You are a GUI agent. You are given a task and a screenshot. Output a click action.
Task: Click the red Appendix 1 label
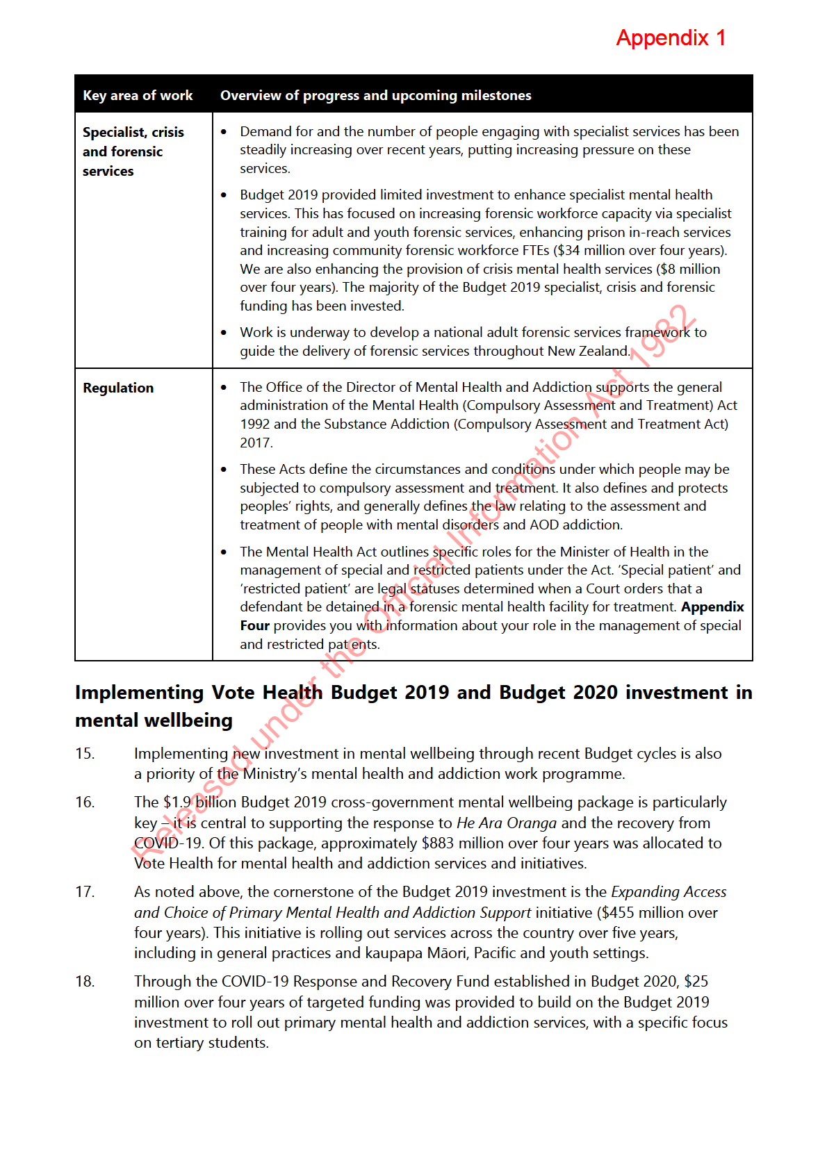[671, 38]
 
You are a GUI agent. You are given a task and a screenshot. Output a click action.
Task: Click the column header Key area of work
[138, 95]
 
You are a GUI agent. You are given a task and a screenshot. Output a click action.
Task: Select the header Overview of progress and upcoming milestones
[375, 95]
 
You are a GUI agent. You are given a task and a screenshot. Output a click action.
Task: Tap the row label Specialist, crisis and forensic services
[133, 151]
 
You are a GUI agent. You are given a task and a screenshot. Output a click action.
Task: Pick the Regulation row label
[118, 388]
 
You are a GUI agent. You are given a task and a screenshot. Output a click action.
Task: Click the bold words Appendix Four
[712, 607]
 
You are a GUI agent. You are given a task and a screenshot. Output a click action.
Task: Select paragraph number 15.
[85, 754]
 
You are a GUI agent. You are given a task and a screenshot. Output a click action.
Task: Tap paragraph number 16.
[85, 802]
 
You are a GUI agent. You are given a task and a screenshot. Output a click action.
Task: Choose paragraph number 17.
[85, 892]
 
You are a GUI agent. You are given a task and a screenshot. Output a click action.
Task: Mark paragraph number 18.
[85, 982]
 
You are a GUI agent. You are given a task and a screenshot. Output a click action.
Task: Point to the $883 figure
[437, 843]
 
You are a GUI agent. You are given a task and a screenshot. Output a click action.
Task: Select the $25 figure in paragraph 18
[696, 982]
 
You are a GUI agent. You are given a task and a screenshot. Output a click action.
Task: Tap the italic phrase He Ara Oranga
[506, 823]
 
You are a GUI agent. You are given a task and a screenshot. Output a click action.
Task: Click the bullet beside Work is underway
[224, 333]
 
